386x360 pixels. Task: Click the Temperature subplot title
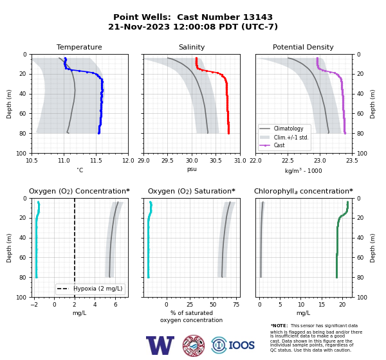79,47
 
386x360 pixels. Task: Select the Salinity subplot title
192,47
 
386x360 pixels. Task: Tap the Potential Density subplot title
303,47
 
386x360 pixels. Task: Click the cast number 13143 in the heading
258,17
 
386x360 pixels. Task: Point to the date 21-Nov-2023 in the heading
139,26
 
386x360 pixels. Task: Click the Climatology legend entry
288,129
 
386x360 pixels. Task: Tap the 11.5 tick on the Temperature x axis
96,161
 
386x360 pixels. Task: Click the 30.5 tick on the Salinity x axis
216,161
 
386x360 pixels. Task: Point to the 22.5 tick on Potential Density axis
288,161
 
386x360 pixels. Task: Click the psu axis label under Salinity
192,169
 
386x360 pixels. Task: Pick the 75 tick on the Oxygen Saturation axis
236,305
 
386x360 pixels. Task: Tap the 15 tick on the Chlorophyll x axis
322,305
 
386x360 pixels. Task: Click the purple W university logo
160,345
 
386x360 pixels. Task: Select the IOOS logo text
241,345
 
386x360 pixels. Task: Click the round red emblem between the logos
194,345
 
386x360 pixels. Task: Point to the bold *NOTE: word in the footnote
279,325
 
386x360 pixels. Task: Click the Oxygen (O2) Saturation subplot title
192,191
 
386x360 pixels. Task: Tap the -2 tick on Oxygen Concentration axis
34,305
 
